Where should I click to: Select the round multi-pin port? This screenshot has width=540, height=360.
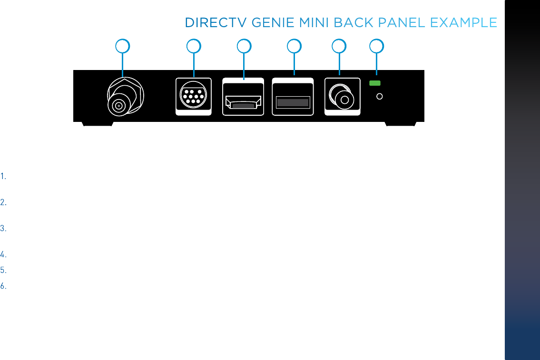194,94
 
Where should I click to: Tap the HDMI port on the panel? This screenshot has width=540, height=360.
243,101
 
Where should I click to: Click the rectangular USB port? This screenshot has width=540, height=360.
293,102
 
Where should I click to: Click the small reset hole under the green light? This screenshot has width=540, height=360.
380,97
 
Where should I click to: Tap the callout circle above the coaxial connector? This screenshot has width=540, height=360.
123,46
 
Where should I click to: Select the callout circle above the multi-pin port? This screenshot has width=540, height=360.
193,46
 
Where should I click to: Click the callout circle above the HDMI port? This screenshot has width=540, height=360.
244,46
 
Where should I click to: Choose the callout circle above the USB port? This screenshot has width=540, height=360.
295,46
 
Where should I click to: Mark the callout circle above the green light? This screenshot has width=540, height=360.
377,46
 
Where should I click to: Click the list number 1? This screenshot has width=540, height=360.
3,177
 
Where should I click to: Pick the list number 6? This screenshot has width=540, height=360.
3,287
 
